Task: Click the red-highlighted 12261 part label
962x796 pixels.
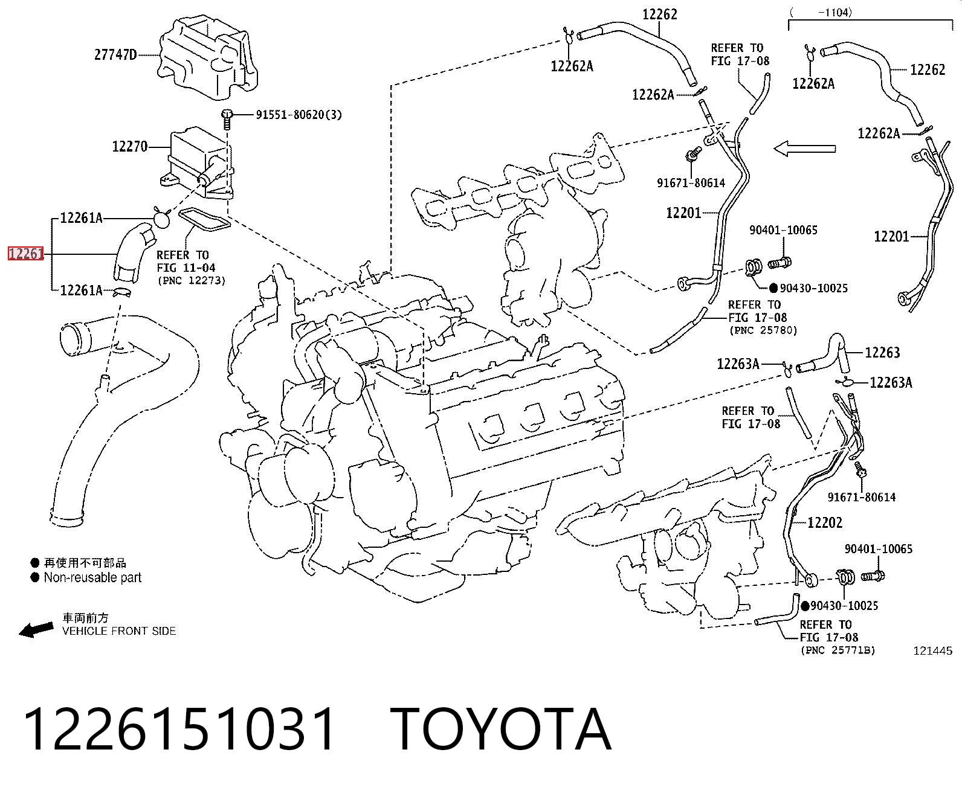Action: (x=26, y=254)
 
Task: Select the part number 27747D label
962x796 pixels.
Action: (x=115, y=55)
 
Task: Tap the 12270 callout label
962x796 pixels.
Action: (x=130, y=147)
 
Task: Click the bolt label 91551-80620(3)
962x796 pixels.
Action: (x=299, y=114)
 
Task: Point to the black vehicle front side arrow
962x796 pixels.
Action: (x=36, y=629)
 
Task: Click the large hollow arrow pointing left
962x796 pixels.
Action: (x=804, y=149)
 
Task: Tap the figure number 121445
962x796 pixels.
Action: (x=932, y=650)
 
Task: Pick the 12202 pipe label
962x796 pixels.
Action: (x=825, y=522)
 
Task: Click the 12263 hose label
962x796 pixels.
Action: (x=882, y=352)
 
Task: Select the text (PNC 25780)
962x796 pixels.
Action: (x=763, y=330)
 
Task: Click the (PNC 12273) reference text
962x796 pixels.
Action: (x=192, y=281)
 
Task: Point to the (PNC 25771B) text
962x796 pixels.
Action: (x=838, y=650)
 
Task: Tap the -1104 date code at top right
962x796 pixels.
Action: (x=835, y=13)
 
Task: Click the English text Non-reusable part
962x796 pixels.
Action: (x=92, y=577)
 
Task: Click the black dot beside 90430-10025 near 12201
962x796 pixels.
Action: (x=773, y=288)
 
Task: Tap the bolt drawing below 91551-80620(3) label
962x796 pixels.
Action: (x=226, y=119)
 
